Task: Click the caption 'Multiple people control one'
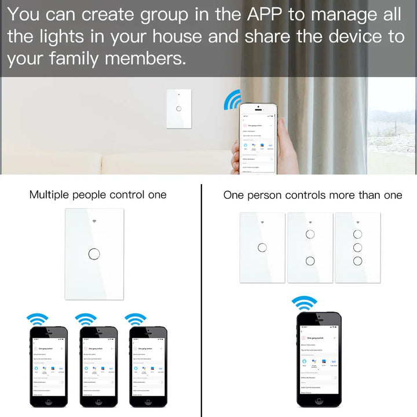click(x=98, y=195)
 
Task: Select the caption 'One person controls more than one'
click(x=313, y=195)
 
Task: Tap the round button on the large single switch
click(x=93, y=254)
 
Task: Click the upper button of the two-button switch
click(x=310, y=235)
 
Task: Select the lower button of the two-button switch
click(x=310, y=261)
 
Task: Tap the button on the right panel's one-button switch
click(x=262, y=247)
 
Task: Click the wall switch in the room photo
click(x=179, y=108)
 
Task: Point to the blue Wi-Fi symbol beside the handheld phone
click(x=232, y=101)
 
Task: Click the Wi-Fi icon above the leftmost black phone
click(x=38, y=319)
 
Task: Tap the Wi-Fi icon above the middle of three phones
click(x=86, y=319)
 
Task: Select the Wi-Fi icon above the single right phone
click(x=305, y=303)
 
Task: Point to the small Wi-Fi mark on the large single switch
click(x=94, y=221)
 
